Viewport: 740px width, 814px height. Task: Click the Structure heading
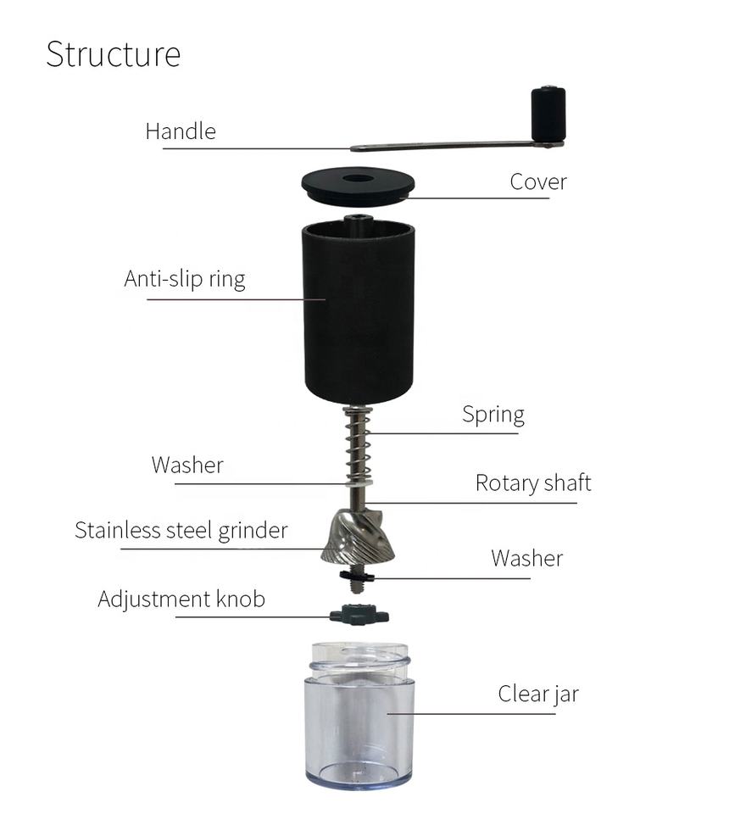pyautogui.click(x=113, y=53)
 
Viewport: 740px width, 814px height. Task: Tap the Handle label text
pyautogui.click(x=180, y=131)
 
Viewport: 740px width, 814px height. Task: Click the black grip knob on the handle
pyautogui.click(x=548, y=114)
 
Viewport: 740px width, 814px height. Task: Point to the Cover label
pyautogui.click(x=537, y=181)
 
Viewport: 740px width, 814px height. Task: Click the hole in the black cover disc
pyautogui.click(x=358, y=180)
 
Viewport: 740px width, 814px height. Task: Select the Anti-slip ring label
pyautogui.click(x=184, y=279)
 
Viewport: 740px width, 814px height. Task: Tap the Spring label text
pyautogui.click(x=492, y=415)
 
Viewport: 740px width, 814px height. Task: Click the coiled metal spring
pyautogui.click(x=358, y=445)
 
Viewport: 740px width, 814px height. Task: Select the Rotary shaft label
pyautogui.click(x=532, y=483)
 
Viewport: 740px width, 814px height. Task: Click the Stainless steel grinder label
pyautogui.click(x=181, y=531)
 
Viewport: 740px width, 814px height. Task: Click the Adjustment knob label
pyautogui.click(x=181, y=599)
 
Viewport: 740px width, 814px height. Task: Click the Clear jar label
pyautogui.click(x=537, y=694)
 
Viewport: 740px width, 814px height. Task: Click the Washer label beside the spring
pyautogui.click(x=187, y=465)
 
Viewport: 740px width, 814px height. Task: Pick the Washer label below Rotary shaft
pyautogui.click(x=526, y=558)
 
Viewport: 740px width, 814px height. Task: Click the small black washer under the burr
pyautogui.click(x=357, y=577)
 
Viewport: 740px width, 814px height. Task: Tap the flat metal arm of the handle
pyautogui.click(x=441, y=146)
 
